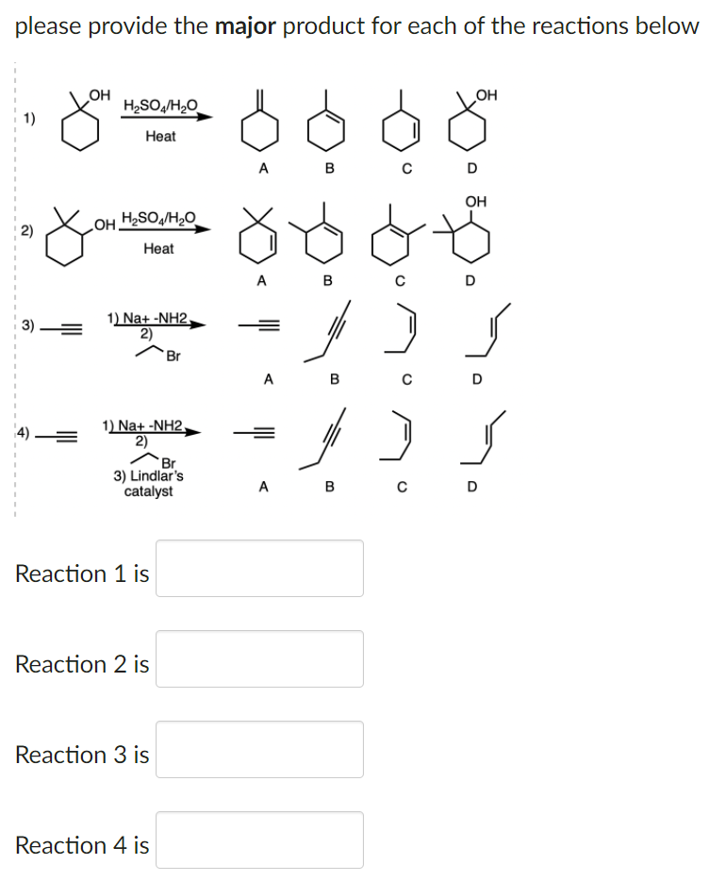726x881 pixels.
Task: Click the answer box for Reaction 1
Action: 259,568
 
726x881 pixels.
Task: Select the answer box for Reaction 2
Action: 259,658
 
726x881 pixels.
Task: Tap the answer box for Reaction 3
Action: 259,749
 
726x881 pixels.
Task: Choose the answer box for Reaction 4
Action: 259,839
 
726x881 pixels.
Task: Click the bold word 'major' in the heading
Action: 245,25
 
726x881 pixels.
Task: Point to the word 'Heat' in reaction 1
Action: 160,137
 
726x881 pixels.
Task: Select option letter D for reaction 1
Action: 472,170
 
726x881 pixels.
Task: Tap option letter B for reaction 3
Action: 332,380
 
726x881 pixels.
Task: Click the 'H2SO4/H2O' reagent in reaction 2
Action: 158,219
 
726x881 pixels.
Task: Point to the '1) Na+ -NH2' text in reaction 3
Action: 148,317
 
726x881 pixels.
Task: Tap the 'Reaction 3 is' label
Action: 82,755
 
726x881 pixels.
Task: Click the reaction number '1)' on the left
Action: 29,118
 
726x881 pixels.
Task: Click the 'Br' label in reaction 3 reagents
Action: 173,356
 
